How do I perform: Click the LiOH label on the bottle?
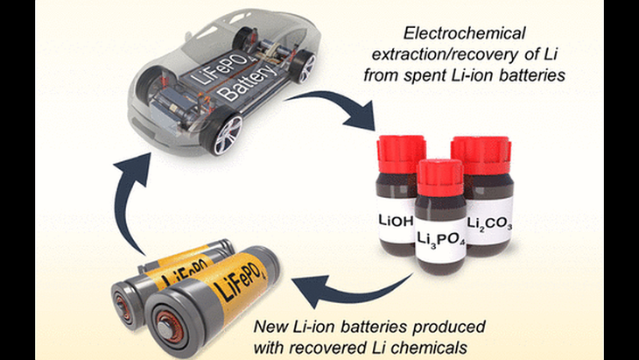[x=396, y=222]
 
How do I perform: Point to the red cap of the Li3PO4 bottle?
[x=440, y=177]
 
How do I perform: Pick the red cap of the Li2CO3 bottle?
[x=481, y=155]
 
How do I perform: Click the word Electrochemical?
[x=464, y=33]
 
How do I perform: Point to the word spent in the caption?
[x=432, y=75]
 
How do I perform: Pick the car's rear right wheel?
[x=304, y=66]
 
